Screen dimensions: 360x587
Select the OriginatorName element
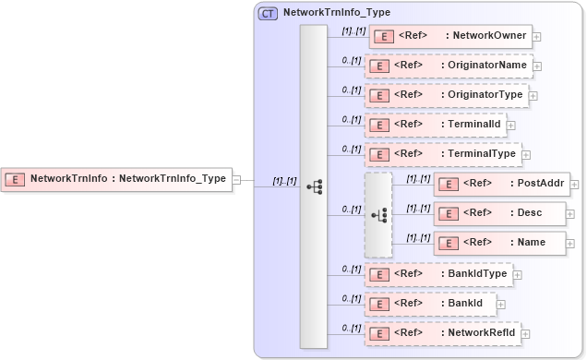pyautogui.click(x=449, y=66)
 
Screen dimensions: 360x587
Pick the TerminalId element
pyautogui.click(x=435, y=125)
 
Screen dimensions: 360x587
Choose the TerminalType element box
pyautogui.click(x=443, y=154)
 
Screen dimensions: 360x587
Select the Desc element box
pyautogui.click(x=488, y=213)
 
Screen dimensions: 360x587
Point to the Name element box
pyautogui.click(x=489, y=243)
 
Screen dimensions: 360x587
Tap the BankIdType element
pyautogui.click(x=438, y=274)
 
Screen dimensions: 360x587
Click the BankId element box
pyautogui.click(x=430, y=303)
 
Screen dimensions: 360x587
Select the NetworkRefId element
pyautogui.click(x=443, y=332)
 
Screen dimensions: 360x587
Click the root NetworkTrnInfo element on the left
pyautogui.click(x=115, y=179)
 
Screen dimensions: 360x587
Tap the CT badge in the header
pyautogui.click(x=268, y=13)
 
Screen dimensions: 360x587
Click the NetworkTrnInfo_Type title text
pyautogui.click(x=336, y=13)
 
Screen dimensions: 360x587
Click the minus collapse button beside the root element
pyautogui.click(x=236, y=179)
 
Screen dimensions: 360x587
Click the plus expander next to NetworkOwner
pyautogui.click(x=537, y=38)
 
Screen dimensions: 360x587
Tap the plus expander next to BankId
pyautogui.click(x=501, y=304)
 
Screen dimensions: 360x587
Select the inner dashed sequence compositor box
pyautogui.click(x=378, y=214)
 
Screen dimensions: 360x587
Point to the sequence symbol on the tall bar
pyautogui.click(x=314, y=186)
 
